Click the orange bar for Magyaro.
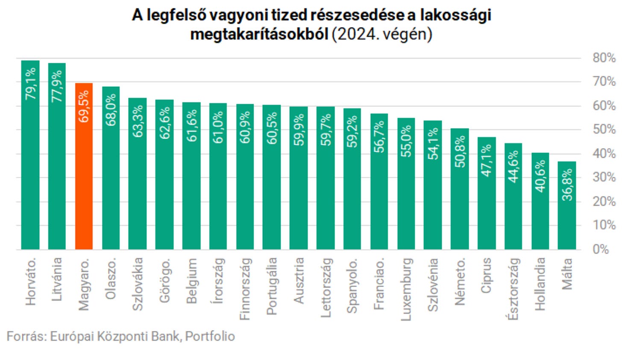click(84, 166)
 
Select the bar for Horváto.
click(30, 155)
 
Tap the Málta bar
click(567, 205)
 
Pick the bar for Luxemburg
click(406, 184)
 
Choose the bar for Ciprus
click(487, 193)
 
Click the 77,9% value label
click(57, 86)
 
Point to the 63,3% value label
click(138, 121)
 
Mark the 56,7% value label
click(379, 137)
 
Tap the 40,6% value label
click(540, 176)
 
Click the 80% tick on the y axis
click(604, 58)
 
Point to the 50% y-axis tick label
click(604, 129)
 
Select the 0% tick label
click(601, 249)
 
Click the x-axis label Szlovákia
click(138, 284)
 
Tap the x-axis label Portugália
click(272, 286)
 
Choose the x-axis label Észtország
click(513, 289)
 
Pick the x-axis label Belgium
click(191, 281)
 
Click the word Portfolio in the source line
click(210, 337)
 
